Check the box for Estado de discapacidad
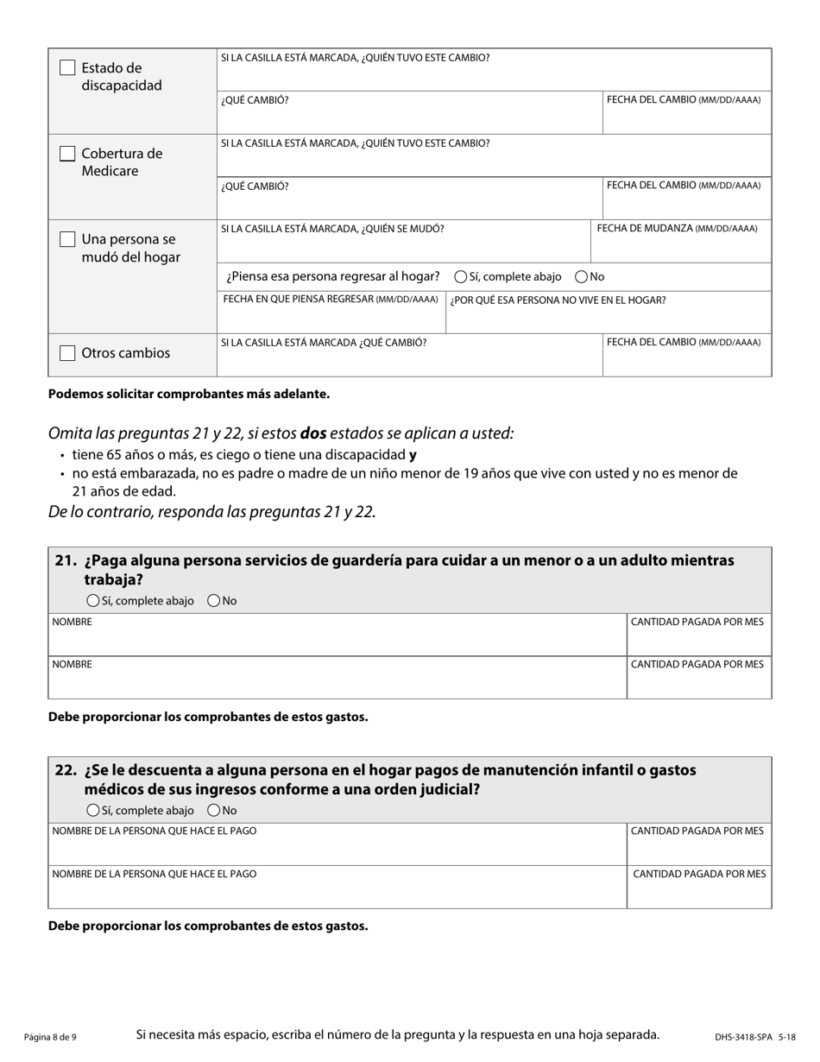point(67,67)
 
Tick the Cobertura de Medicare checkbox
point(67,154)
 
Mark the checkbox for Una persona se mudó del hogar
point(67,239)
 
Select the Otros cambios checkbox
point(67,353)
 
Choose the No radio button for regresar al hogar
point(582,277)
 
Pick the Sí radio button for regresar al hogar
point(461,277)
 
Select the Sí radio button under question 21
point(93,601)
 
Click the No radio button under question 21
point(214,601)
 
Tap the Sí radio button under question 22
point(93,811)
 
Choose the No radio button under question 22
point(214,811)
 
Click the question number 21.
point(66,560)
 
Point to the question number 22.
point(66,770)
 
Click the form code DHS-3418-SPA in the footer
point(743,1037)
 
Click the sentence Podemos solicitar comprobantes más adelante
point(189,394)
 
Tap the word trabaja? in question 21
point(113,579)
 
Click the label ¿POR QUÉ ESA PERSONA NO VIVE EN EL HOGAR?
point(558,300)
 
